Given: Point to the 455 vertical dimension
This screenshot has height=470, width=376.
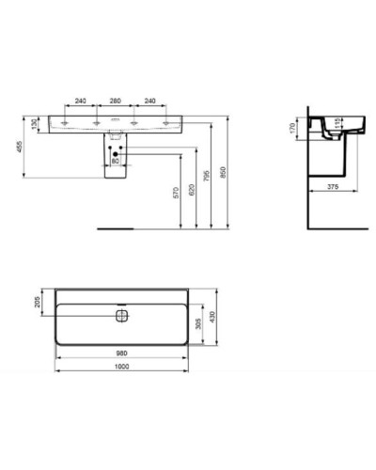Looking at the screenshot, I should (16, 147).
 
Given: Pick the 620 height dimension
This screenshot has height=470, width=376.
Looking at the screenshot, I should (192, 188).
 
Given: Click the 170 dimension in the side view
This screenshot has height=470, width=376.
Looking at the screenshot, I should (293, 126).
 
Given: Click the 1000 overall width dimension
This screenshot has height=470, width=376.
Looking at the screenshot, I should (116, 367).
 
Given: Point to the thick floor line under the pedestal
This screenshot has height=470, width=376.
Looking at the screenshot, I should (116, 227).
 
